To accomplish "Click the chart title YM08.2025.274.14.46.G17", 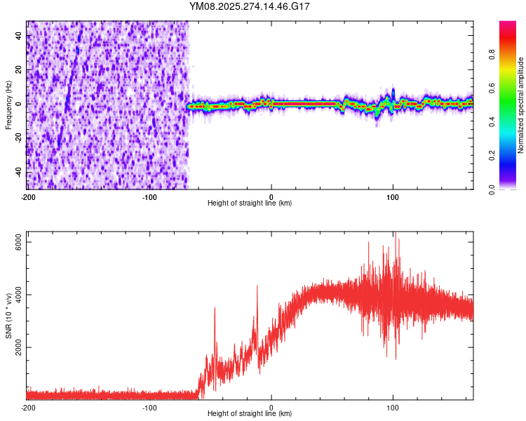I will (250, 6).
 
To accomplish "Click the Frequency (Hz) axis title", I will (9, 105).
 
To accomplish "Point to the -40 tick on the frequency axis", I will (19, 171).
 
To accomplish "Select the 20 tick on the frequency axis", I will (19, 69).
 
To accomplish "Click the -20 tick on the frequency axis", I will (19, 138).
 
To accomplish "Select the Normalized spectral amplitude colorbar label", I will (521, 105).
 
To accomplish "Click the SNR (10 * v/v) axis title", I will (9, 315).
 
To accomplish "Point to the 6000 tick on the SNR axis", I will (19, 241).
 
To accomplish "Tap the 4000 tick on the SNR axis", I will (19, 295).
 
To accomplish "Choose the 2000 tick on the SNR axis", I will (19, 347).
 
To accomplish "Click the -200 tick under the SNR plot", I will (28, 407).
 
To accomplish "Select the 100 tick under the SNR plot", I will (393, 407).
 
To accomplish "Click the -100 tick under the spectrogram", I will (149, 196).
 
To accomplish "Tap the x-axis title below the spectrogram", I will (250, 203).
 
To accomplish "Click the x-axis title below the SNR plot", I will (250, 413).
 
